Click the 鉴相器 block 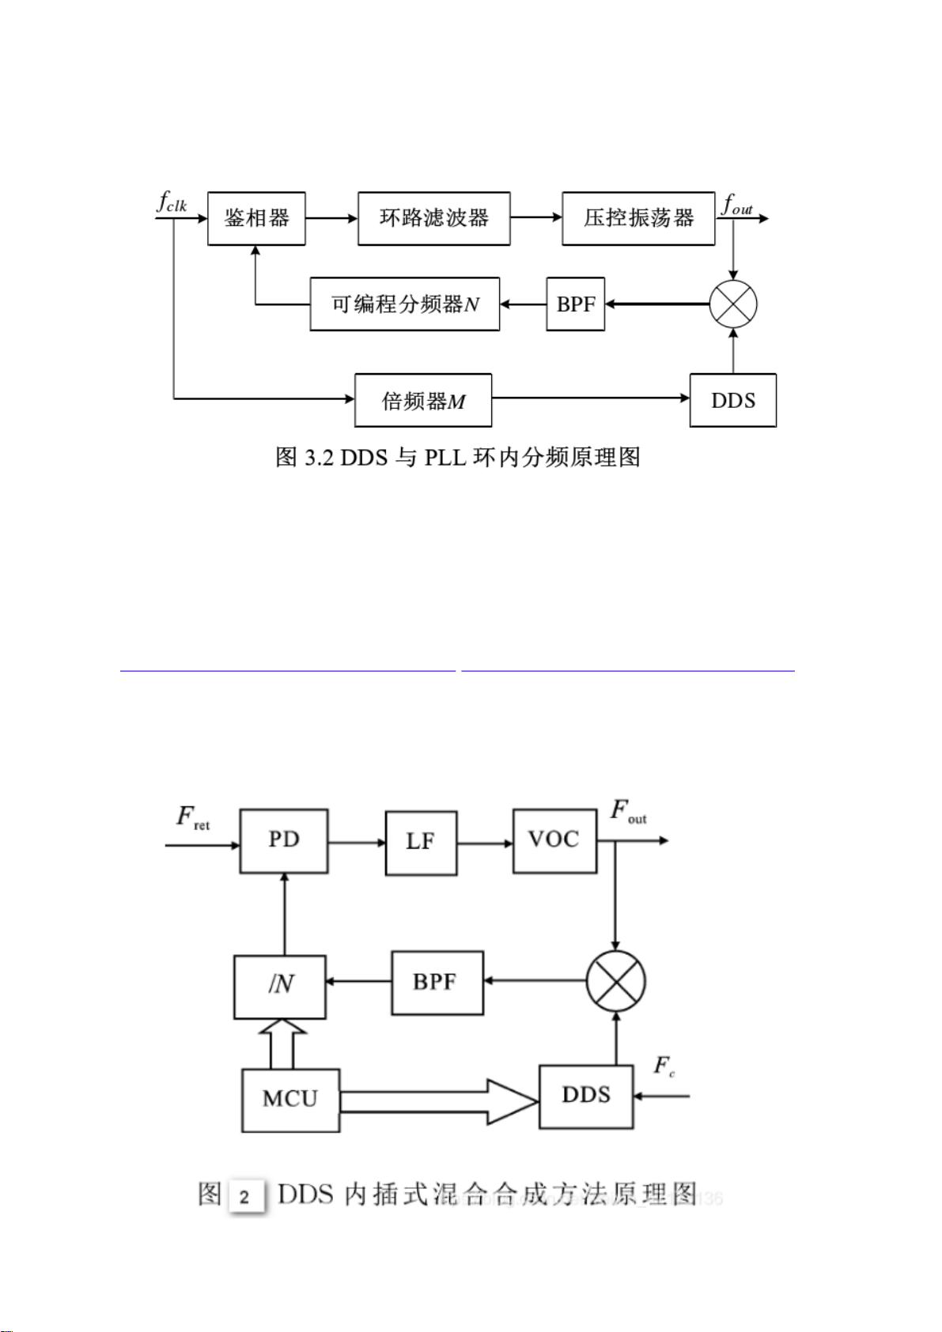coord(256,218)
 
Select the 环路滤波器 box coord(433,218)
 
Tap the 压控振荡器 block coord(638,218)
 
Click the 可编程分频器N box coord(404,304)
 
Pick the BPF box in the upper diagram coord(575,304)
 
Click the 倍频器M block coord(423,401)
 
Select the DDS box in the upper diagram coord(732,401)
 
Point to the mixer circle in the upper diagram coord(732,304)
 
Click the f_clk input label coord(172,202)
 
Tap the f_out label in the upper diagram coord(737,206)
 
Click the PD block coord(284,840)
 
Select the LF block coord(421,843)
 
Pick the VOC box coord(554,840)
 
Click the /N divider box coord(280,986)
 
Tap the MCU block coord(290,1100)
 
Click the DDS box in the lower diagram coord(586,1096)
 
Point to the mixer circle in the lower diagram coord(615,981)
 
